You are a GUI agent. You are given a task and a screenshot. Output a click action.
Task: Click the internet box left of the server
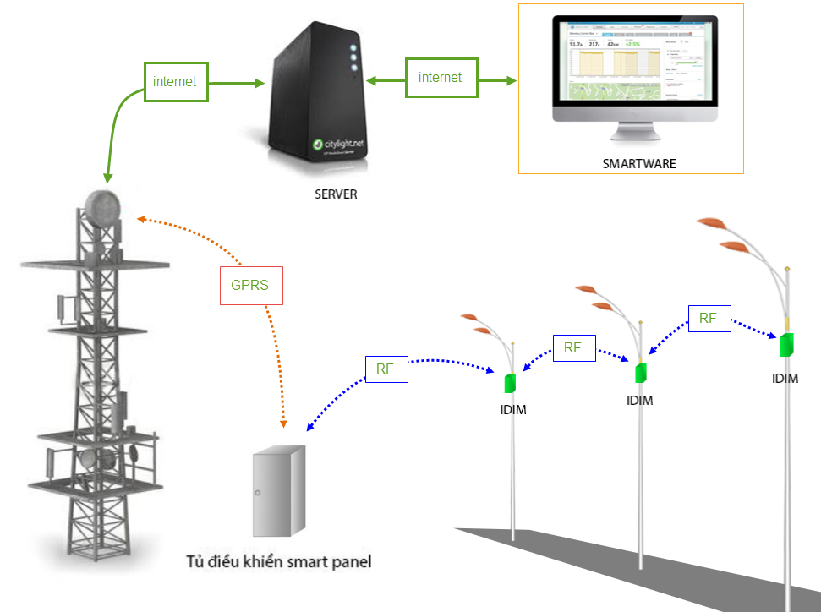click(176, 82)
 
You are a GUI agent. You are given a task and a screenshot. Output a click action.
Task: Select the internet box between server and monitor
click(441, 78)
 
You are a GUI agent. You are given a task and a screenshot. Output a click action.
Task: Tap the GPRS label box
click(249, 285)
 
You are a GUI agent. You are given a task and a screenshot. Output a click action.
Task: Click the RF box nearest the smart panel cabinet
click(386, 369)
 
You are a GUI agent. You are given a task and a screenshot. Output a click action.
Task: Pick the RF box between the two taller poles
click(709, 318)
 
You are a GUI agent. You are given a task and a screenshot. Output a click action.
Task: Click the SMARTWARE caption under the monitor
click(638, 163)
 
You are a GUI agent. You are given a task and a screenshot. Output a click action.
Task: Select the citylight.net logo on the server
click(337, 144)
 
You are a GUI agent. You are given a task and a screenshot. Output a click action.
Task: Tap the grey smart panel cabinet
click(278, 490)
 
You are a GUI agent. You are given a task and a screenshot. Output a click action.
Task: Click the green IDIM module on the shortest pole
click(510, 382)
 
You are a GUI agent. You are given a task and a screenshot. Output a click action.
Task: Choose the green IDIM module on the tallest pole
click(788, 345)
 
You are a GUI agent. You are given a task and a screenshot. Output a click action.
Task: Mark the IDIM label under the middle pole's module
click(640, 400)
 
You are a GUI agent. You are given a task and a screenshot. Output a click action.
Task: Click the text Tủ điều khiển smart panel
click(279, 560)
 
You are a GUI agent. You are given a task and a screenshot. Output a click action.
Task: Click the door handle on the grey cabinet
click(259, 493)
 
